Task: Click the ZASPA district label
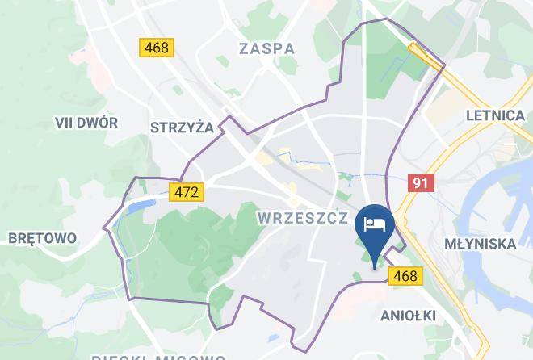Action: tap(266, 48)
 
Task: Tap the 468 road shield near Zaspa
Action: tap(156, 48)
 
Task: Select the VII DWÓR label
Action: tap(86, 123)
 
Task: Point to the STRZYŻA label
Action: tap(181, 127)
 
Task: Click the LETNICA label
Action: tap(495, 115)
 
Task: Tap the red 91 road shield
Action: tap(421, 183)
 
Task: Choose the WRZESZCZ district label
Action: tap(303, 218)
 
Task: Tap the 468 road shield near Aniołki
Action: tap(405, 277)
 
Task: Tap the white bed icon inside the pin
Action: tap(375, 224)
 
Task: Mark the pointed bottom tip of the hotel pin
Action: tap(375, 266)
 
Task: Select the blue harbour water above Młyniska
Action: tap(493, 194)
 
